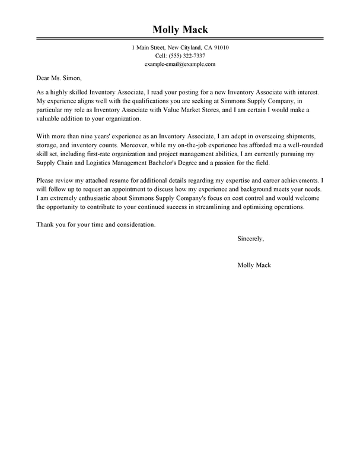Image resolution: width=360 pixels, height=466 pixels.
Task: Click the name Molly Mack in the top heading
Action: [180, 31]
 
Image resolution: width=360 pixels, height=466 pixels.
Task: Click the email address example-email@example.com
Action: [180, 64]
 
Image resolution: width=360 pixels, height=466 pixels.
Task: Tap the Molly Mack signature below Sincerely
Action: [253, 265]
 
